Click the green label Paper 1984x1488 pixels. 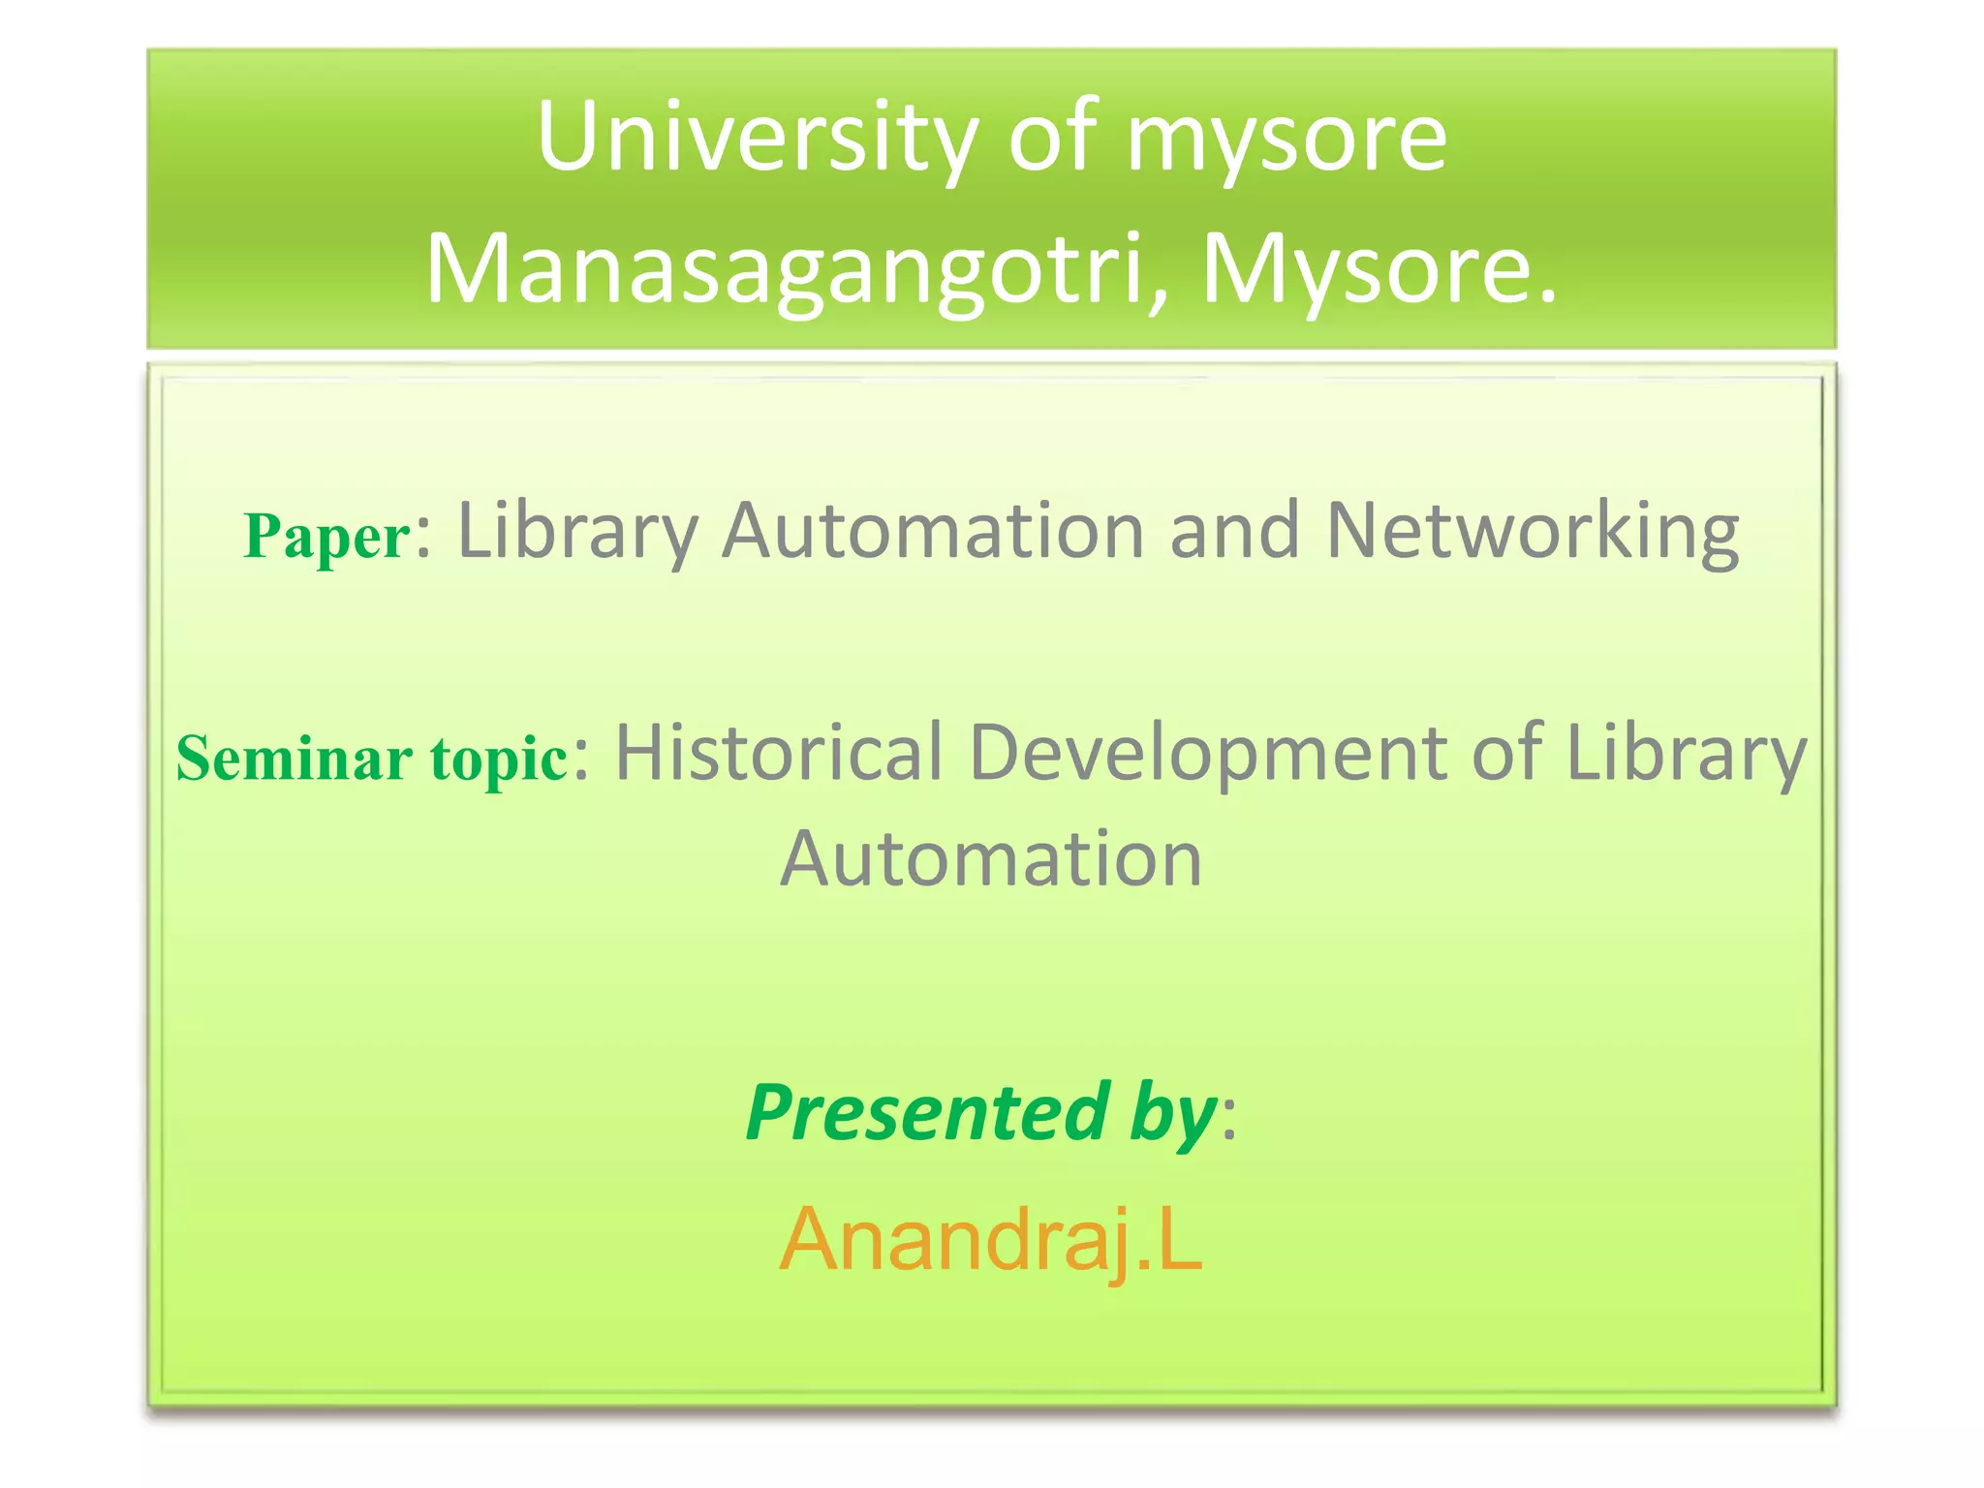coord(327,537)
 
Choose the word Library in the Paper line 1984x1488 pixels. coord(577,533)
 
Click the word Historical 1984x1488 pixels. coord(779,753)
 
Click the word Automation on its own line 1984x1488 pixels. coord(991,859)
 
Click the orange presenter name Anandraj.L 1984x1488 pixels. coord(991,1239)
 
